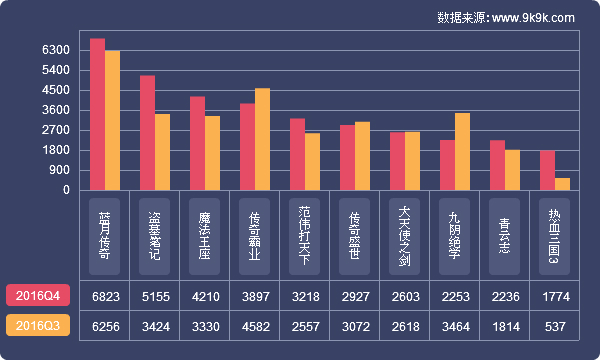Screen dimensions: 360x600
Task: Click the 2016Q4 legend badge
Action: click(38, 295)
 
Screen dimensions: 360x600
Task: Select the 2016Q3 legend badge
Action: click(38, 325)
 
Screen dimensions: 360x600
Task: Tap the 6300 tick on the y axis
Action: click(56, 50)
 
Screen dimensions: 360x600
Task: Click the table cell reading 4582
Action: click(255, 325)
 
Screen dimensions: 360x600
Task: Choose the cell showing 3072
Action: click(355, 325)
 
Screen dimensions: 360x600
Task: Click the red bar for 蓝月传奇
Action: click(97, 114)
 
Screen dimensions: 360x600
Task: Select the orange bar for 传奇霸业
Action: click(263, 139)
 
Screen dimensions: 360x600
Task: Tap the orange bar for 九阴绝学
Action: click(462, 151)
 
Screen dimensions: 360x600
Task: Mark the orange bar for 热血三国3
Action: click(562, 184)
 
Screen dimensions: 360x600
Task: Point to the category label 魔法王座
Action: click(205, 234)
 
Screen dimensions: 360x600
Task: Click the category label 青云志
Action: click(505, 234)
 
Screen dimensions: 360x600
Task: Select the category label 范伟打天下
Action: click(305, 234)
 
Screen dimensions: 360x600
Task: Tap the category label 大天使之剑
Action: click(405, 234)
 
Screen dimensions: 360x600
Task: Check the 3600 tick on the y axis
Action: click(56, 110)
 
